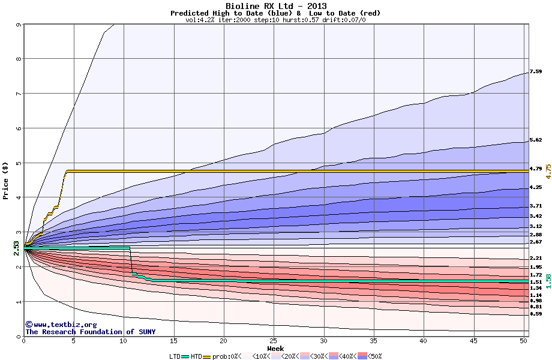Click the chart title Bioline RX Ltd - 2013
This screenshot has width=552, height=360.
(275, 6)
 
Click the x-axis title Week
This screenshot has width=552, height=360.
(275, 348)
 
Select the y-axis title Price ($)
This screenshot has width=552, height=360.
(5, 181)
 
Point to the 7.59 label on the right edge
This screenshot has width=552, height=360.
(536, 72)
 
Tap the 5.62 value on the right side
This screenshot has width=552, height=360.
(536, 140)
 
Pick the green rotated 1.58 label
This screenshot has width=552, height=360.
(547, 281)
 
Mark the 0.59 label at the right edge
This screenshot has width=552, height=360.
(536, 313)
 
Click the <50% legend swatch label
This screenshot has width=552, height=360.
(374, 356)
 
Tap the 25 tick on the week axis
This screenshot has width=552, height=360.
(274, 340)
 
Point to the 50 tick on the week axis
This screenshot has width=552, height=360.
(524, 340)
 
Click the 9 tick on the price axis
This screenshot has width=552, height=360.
(19, 25)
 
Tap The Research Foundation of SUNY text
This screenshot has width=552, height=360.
(89, 332)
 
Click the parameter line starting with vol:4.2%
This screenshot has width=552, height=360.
(275, 20)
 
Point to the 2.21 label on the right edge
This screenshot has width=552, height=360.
(536, 258)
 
